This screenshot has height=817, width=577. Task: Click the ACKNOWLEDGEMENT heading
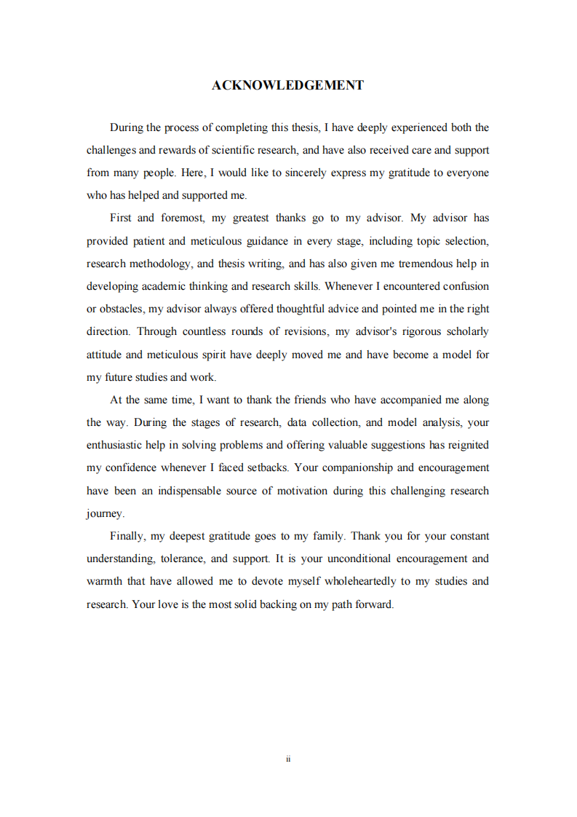click(x=288, y=85)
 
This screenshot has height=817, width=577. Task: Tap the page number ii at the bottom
click(x=288, y=759)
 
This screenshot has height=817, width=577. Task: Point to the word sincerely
click(x=270, y=173)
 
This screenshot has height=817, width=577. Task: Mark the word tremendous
click(x=405, y=264)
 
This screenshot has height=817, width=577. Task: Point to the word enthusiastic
click(x=116, y=445)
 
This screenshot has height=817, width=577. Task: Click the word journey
click(x=105, y=514)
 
